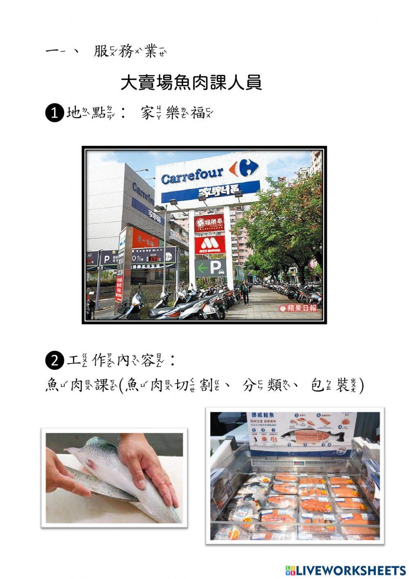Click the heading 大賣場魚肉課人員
point(191,83)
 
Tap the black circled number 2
point(54,361)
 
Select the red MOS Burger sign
point(209,245)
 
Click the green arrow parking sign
point(210,268)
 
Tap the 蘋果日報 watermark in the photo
point(298,308)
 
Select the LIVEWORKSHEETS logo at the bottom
point(346,570)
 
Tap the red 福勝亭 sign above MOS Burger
point(209,223)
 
